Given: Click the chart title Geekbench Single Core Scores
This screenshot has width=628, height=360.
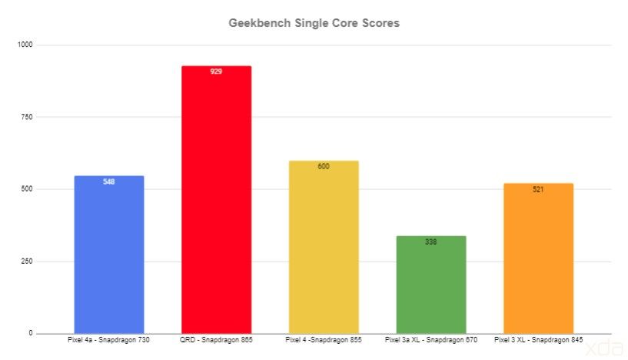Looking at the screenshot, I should coord(314,23).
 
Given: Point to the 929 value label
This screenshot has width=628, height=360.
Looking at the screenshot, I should coord(216,72).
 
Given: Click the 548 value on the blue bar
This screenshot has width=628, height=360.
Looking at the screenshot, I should coord(108,182).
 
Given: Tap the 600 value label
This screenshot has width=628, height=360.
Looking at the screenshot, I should coord(324,166).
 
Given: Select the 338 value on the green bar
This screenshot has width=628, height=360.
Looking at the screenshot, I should coord(431,242).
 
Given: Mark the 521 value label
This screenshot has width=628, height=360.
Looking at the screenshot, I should coord(538,189).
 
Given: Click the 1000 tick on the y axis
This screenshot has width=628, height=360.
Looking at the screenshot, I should coord(26,45).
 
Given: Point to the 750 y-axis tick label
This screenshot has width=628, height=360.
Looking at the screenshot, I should coord(28,117).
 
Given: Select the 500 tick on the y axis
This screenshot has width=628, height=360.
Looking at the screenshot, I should coord(28,189).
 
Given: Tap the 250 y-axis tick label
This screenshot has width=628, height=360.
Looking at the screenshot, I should coord(28,262).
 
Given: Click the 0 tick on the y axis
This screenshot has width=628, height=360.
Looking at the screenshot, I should coord(32,333).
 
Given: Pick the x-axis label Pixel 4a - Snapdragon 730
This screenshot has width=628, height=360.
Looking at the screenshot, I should coord(108,339).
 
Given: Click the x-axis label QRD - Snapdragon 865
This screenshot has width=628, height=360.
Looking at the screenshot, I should coord(216,339).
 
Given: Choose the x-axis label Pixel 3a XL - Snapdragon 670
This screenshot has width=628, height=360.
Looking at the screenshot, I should coord(431,339).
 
